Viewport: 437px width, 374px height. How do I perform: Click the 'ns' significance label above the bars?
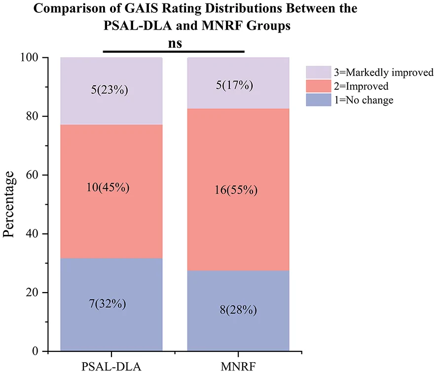tap(175, 44)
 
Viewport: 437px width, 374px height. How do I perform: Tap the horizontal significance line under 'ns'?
tap(174, 52)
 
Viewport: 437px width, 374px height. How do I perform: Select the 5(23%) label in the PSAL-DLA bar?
tap(109, 90)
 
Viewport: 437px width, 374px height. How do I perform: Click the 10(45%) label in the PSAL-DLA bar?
tap(108, 187)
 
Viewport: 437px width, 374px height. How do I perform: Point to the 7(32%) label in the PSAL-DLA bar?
tap(108, 303)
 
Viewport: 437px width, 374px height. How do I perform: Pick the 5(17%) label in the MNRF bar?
tap(235, 85)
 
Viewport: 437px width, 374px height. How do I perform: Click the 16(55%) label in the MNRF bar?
tap(236, 190)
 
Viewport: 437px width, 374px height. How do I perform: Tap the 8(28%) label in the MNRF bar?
tap(238, 310)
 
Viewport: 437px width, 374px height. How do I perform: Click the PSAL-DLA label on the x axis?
tap(111, 367)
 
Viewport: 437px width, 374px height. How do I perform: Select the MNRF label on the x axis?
tap(238, 367)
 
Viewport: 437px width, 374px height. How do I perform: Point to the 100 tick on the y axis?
tap(29, 58)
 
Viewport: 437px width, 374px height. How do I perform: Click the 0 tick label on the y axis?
tap(35, 351)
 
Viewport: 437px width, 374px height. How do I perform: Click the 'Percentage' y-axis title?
tap(8, 204)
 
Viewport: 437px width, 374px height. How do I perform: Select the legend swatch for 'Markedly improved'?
tap(319, 72)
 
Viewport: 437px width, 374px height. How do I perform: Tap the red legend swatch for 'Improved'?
tap(319, 86)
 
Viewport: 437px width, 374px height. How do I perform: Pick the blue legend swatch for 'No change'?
tap(319, 100)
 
